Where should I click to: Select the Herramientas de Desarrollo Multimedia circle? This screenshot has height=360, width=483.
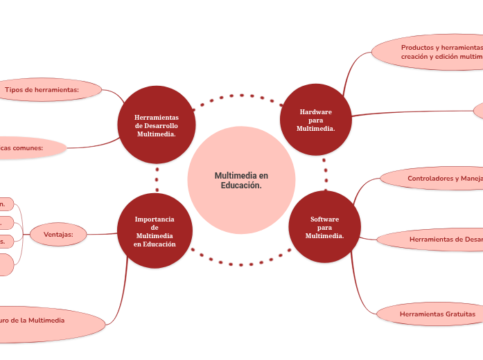point(157,125)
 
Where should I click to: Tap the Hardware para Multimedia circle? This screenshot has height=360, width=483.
point(315,120)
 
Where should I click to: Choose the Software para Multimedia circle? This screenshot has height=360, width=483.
point(324,227)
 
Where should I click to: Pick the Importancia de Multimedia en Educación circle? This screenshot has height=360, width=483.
point(155,231)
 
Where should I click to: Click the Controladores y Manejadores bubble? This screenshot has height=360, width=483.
point(437,179)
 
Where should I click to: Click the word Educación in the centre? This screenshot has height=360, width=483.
point(241,186)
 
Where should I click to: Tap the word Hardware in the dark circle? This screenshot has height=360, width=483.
point(315,111)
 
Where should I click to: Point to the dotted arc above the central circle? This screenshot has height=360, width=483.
point(242,96)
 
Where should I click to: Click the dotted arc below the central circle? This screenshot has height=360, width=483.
point(240,264)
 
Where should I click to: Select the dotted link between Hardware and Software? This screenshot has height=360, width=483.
point(325,174)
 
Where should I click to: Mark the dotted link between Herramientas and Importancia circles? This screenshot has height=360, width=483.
point(157,179)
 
